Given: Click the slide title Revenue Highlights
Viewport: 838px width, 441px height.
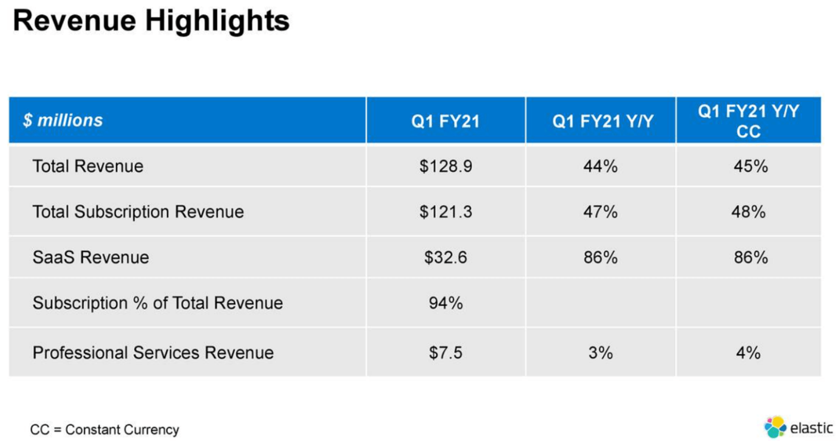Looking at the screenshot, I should click(151, 21).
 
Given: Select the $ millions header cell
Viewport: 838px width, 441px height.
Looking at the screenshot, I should click(63, 120).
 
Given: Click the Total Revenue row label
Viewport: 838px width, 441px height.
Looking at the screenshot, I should click(88, 166).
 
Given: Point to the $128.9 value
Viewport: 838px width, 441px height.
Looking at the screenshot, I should click(445, 166).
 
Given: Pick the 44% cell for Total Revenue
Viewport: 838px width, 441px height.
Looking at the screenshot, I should click(600, 166).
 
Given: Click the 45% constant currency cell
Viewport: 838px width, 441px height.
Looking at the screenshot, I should click(750, 166).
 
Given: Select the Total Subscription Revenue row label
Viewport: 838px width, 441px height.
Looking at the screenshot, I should click(138, 212).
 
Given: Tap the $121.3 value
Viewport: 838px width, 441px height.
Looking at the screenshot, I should click(445, 212).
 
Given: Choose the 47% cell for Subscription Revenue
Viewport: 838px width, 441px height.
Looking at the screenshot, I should click(600, 212).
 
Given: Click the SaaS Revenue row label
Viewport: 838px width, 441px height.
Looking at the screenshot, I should click(91, 258).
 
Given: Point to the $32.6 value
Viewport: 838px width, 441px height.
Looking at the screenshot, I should click(445, 258).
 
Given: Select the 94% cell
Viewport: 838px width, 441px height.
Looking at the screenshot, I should click(445, 303).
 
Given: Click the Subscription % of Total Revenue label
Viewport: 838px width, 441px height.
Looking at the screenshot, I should click(157, 303).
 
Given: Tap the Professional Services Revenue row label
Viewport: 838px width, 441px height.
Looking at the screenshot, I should click(153, 353).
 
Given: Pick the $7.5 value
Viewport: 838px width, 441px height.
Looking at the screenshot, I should click(445, 353).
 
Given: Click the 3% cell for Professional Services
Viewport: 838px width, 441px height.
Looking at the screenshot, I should click(600, 353).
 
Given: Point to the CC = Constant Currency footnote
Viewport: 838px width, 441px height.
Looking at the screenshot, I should click(105, 430).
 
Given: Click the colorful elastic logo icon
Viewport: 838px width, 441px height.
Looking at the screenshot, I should click(775, 426).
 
